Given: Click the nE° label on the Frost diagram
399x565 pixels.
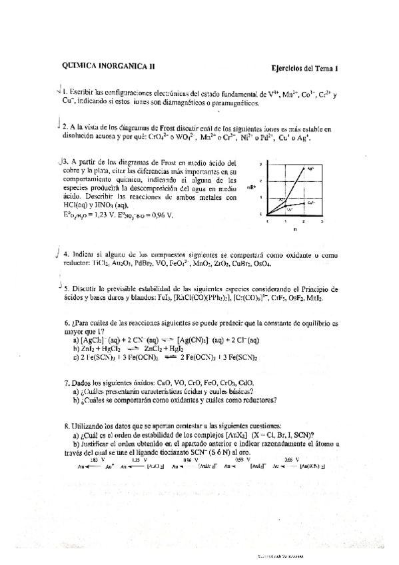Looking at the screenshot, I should (x=252, y=188).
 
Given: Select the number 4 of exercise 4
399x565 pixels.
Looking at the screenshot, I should (x=66, y=255).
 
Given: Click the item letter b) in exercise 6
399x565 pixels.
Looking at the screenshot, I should (x=77, y=348).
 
